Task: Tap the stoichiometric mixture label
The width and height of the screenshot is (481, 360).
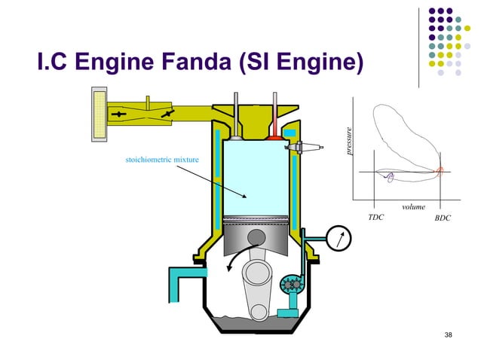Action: pyautogui.click(x=153, y=160)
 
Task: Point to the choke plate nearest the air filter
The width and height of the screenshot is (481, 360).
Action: pyautogui.click(x=119, y=114)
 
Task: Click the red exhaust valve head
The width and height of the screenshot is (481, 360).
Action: pyautogui.click(x=276, y=136)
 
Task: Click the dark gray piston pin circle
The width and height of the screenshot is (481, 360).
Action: pyautogui.click(x=256, y=237)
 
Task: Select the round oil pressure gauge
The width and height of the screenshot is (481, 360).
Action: pyautogui.click(x=339, y=239)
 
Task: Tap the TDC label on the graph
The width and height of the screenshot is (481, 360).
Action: pyautogui.click(x=375, y=218)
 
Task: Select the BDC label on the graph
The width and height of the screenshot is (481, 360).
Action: pyautogui.click(x=443, y=218)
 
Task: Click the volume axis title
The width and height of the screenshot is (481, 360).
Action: pyautogui.click(x=413, y=206)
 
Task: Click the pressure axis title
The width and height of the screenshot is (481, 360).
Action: pyautogui.click(x=349, y=141)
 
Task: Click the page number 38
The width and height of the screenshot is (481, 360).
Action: pyautogui.click(x=449, y=334)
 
